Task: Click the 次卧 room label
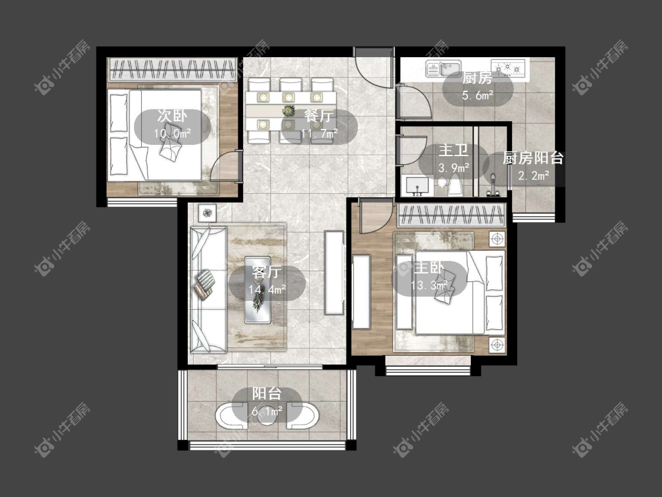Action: [x=172, y=115]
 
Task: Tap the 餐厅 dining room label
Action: [x=319, y=115]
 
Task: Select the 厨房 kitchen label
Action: [x=477, y=78]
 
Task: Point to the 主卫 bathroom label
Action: [x=454, y=150]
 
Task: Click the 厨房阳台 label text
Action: [x=533, y=158]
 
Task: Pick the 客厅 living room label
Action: [x=267, y=272]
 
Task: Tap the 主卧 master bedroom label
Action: [x=429, y=267]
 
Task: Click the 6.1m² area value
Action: [x=267, y=410]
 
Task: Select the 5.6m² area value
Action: [x=477, y=95]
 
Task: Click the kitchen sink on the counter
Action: [x=443, y=68]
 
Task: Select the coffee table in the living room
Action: [x=258, y=290]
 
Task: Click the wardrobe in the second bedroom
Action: [x=172, y=69]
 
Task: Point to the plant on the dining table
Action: [x=288, y=111]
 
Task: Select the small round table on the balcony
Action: [x=267, y=417]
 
